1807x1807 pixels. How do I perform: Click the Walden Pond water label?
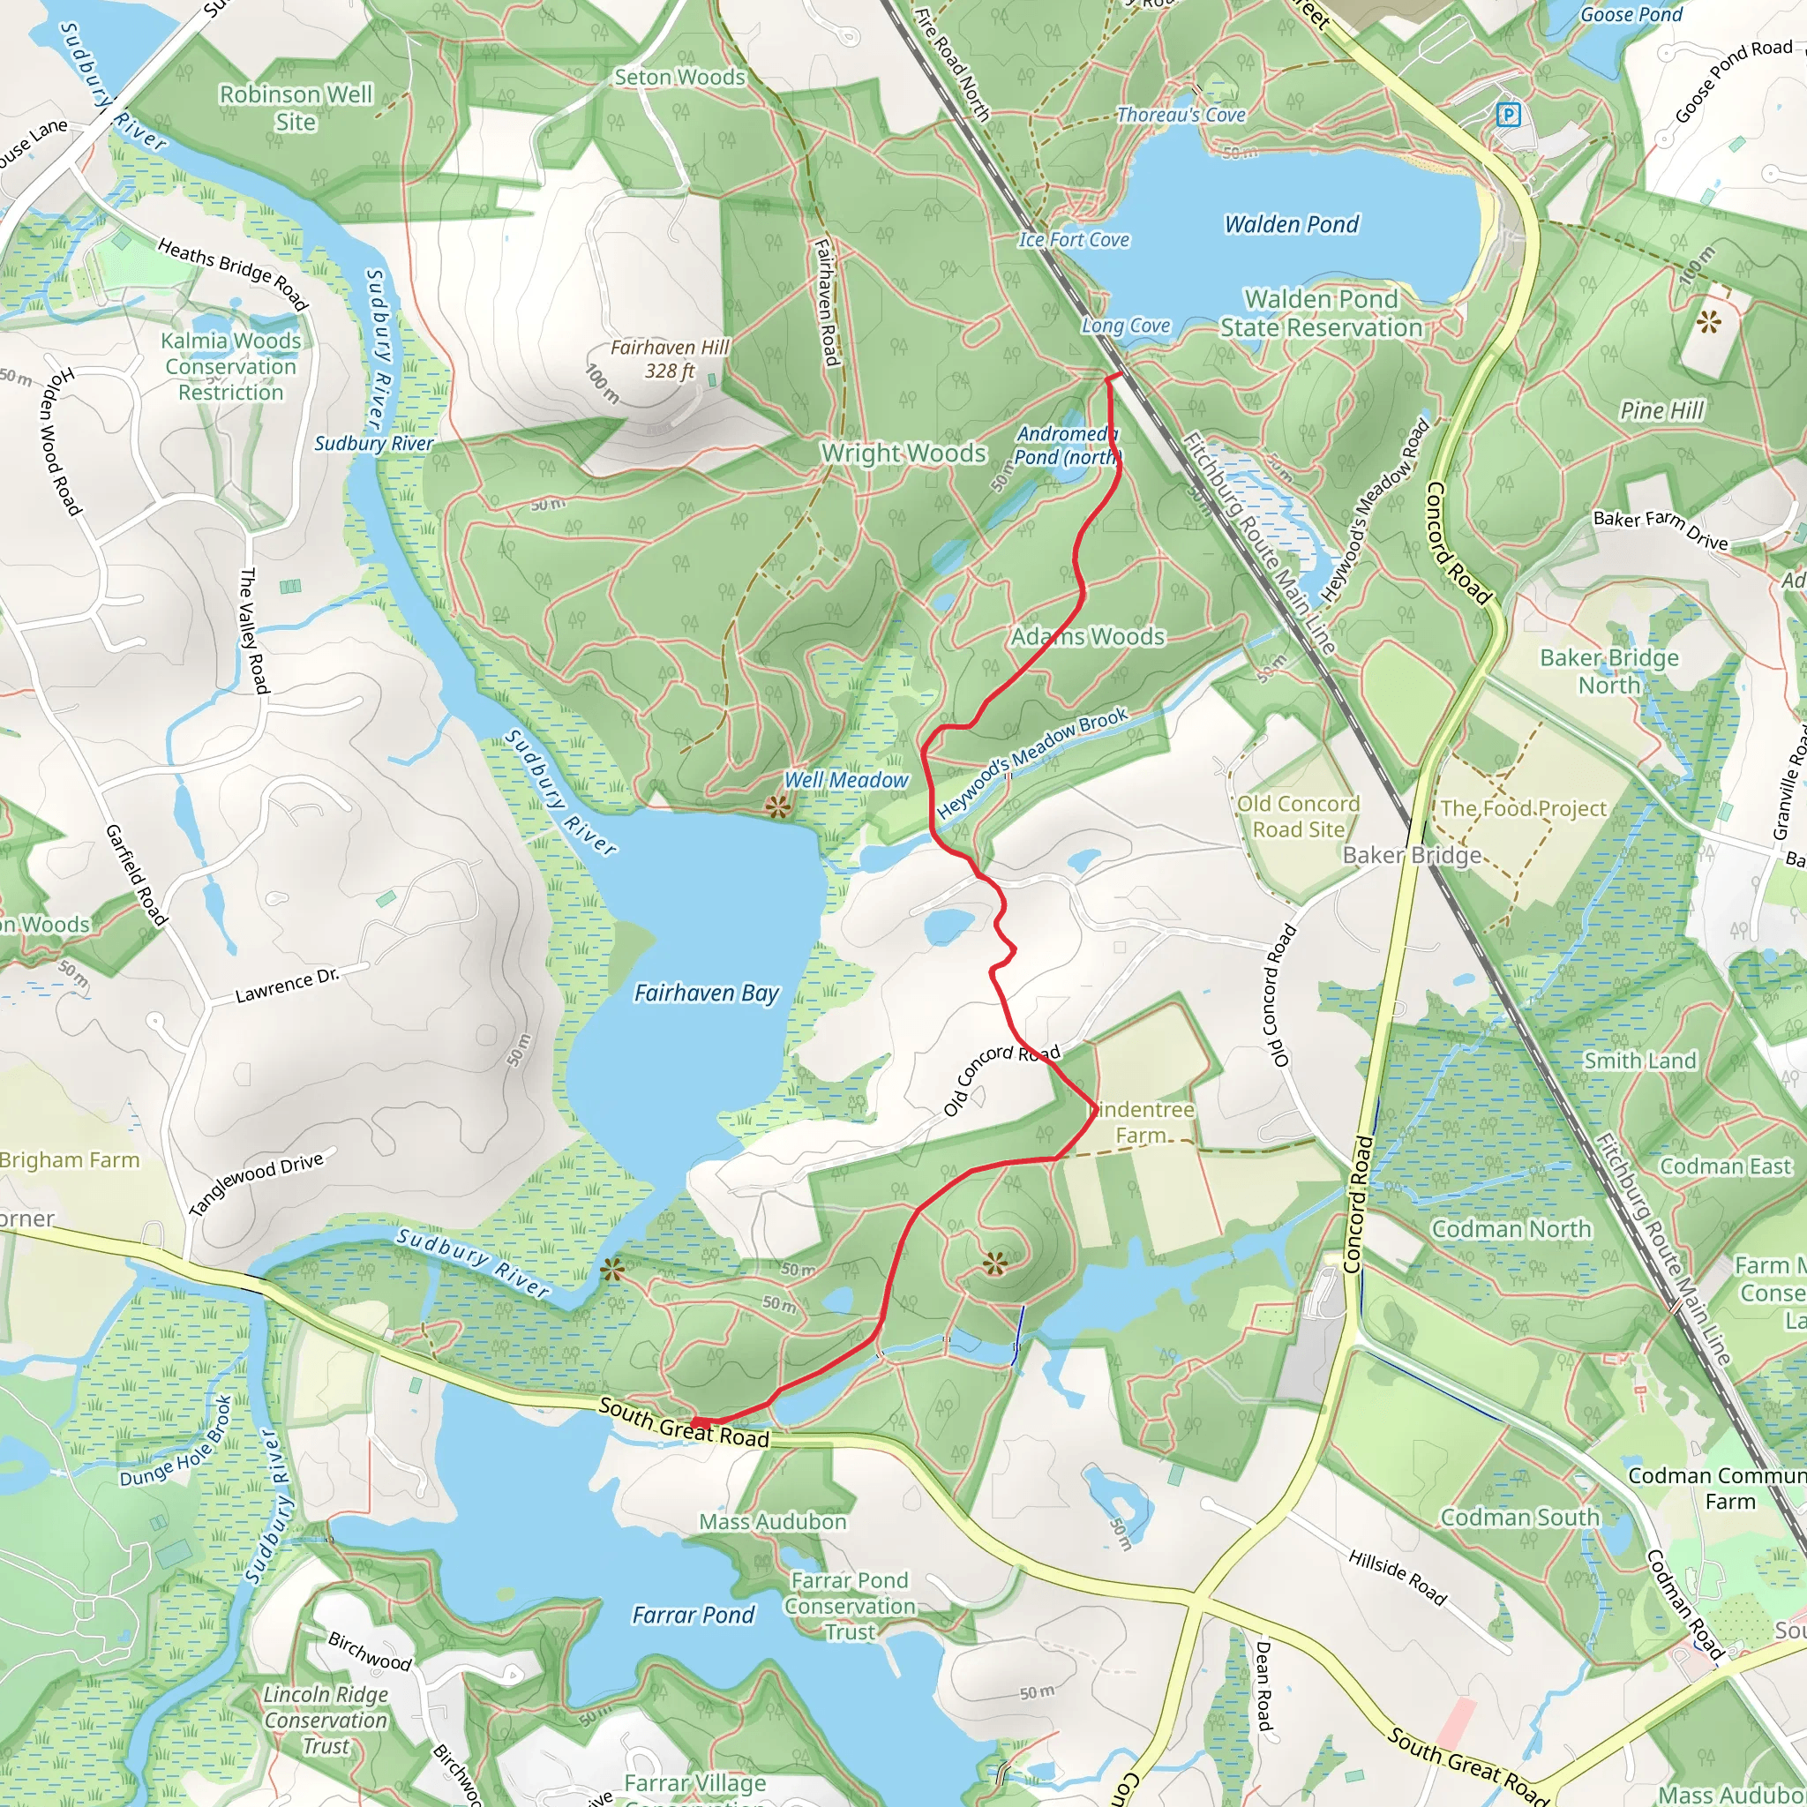(x=1291, y=224)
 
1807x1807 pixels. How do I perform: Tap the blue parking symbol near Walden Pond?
(x=1508, y=115)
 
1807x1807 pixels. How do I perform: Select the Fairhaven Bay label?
(x=706, y=993)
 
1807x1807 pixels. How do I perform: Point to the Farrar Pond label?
(x=693, y=1616)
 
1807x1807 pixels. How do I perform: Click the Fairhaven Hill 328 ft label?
(x=670, y=359)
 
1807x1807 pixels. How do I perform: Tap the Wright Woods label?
(x=903, y=453)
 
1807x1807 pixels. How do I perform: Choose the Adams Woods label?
(x=1088, y=637)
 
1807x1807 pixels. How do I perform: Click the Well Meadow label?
(x=845, y=780)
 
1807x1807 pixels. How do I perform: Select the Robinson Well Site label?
(x=296, y=108)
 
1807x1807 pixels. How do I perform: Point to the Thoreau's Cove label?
(x=1181, y=115)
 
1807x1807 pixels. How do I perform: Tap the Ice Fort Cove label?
(x=1074, y=240)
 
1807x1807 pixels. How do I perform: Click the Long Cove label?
(x=1126, y=326)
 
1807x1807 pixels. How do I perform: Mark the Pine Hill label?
(x=1662, y=410)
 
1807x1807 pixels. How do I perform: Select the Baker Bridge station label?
(x=1412, y=855)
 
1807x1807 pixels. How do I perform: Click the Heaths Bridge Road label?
(x=233, y=272)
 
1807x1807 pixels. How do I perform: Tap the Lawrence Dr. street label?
(x=287, y=986)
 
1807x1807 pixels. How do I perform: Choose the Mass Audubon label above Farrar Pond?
(x=773, y=1522)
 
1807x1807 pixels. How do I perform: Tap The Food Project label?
(x=1523, y=808)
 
